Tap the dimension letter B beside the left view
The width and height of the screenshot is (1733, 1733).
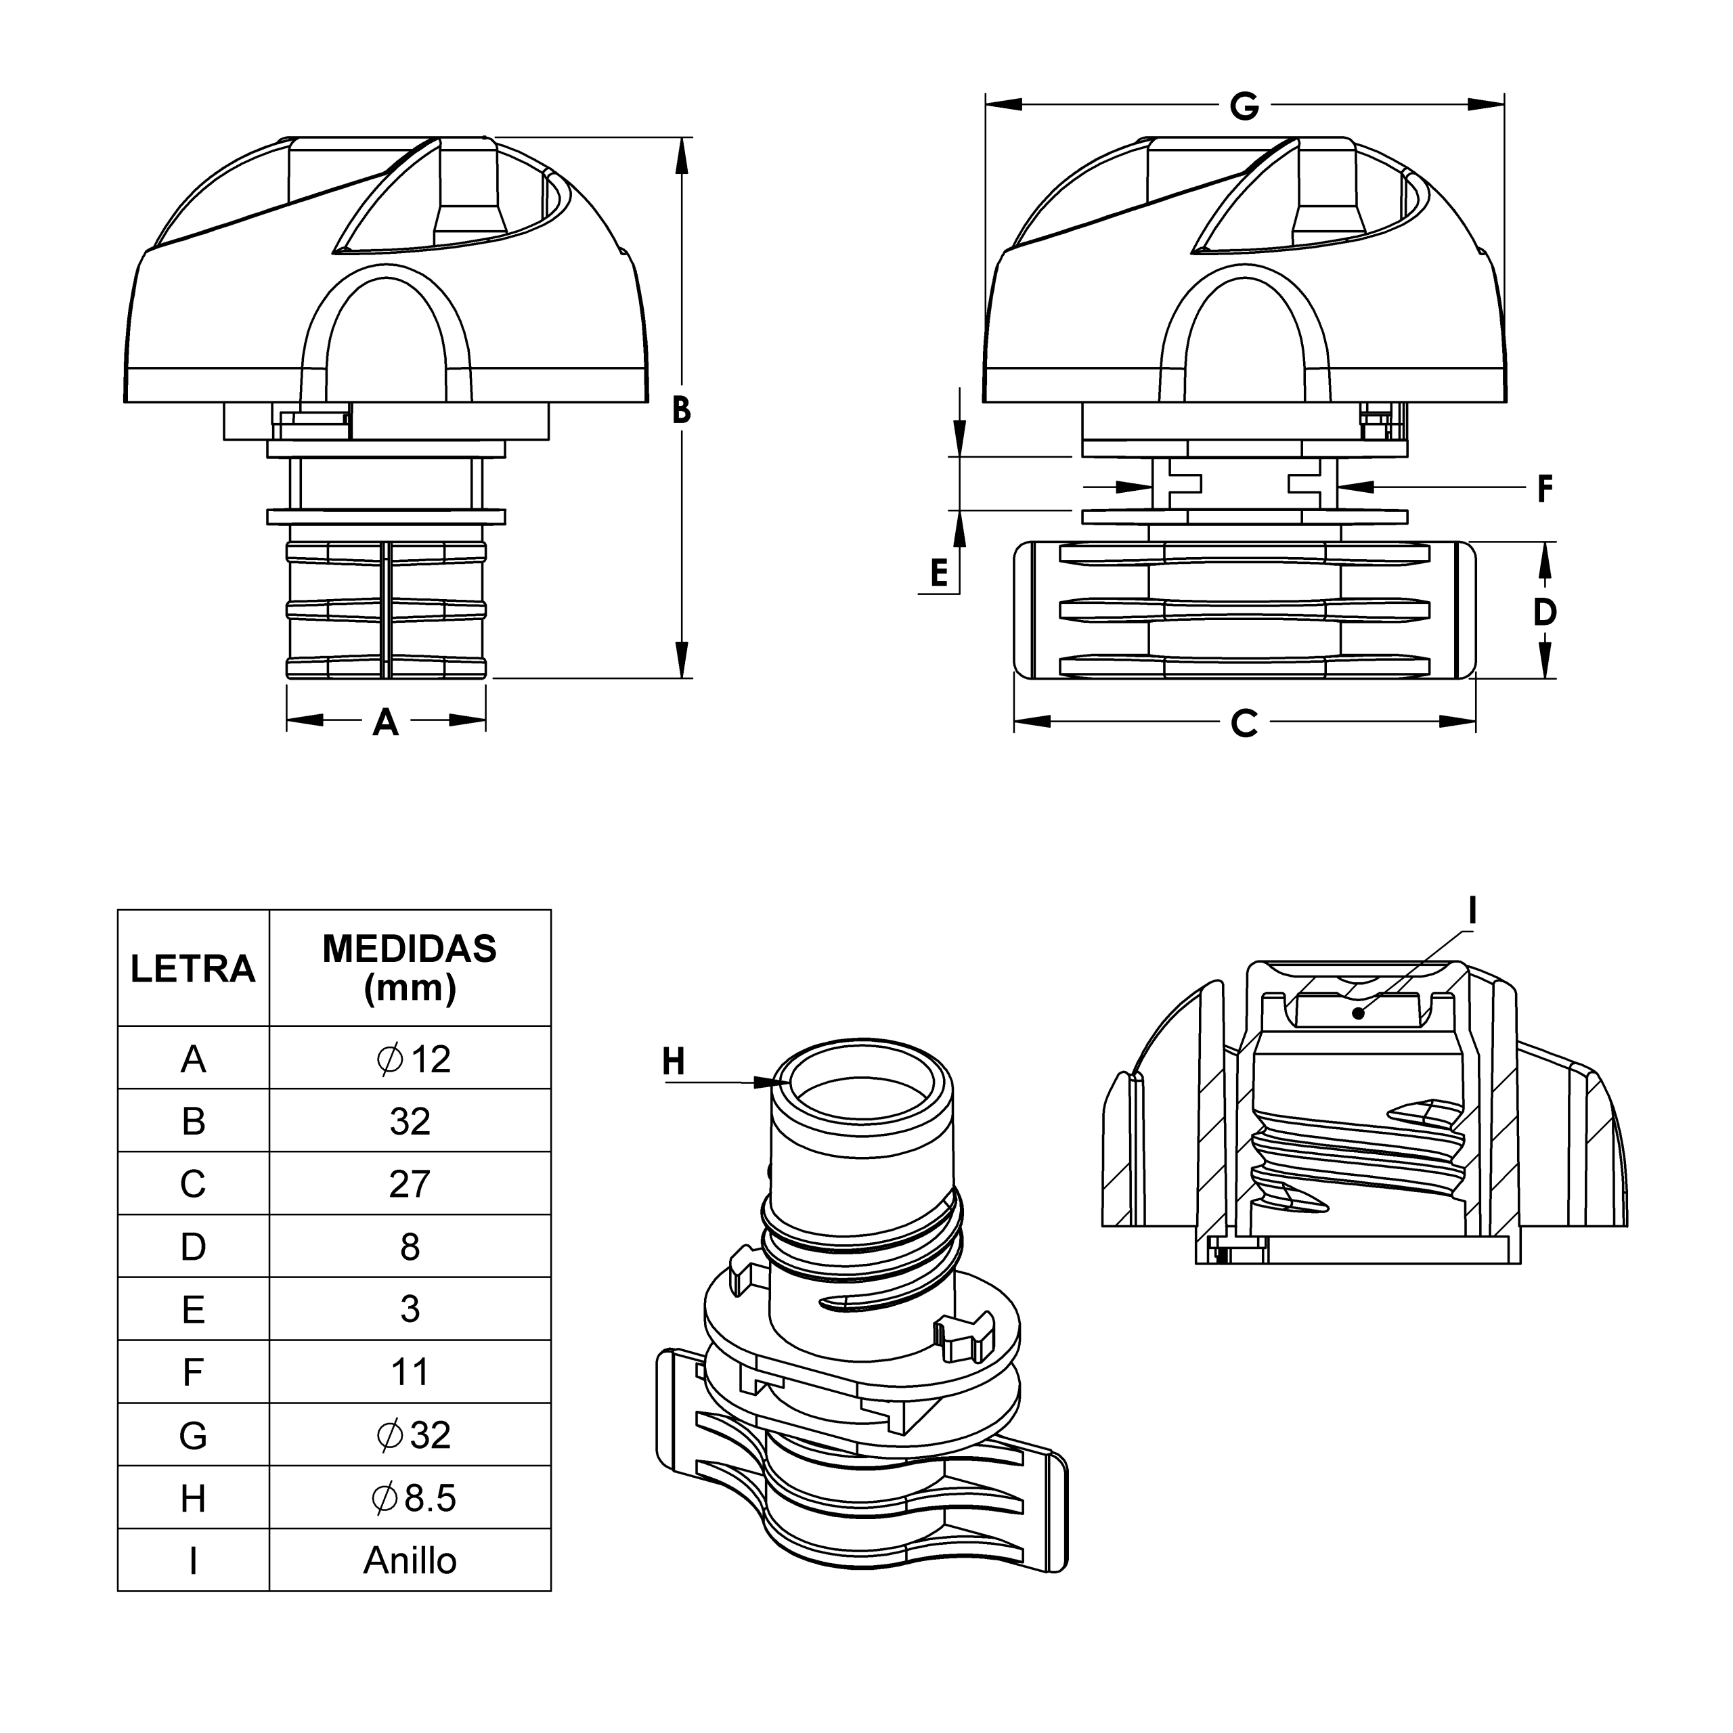(x=682, y=411)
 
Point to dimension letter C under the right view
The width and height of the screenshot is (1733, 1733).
(x=1244, y=723)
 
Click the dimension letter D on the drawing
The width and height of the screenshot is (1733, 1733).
(x=1545, y=613)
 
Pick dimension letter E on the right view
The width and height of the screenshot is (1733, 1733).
(x=938, y=572)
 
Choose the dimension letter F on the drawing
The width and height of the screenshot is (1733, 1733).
(x=1545, y=489)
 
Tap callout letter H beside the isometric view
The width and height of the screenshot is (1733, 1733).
(x=674, y=1062)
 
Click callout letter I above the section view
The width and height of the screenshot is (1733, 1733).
(x=1472, y=911)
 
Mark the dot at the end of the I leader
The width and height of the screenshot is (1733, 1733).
(x=1359, y=1013)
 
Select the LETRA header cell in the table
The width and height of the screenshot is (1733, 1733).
(x=193, y=969)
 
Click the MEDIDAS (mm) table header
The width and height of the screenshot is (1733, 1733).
(x=410, y=969)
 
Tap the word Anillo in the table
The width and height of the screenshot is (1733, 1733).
(x=410, y=1561)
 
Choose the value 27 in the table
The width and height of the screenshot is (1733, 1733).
(x=410, y=1184)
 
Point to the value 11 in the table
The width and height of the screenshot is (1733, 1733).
(x=410, y=1372)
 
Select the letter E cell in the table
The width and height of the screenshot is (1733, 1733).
(x=193, y=1310)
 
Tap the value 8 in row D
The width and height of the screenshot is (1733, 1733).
(x=410, y=1247)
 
